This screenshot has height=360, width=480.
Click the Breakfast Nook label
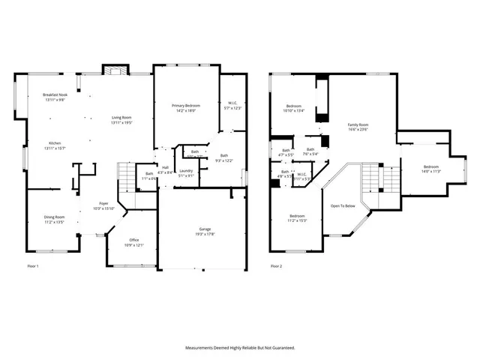tap(55, 95)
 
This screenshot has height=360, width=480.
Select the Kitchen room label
tap(55, 142)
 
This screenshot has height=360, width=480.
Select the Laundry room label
tap(186, 171)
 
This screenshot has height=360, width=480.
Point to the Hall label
tap(165, 168)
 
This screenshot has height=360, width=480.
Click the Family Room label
tap(358, 124)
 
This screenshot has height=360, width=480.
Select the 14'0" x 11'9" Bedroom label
tap(430, 166)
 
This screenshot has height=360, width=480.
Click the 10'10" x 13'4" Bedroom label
tap(293, 106)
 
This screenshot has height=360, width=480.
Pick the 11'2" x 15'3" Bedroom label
tap(298, 216)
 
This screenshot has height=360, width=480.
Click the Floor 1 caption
tap(33, 266)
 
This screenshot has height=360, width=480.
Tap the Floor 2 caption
tap(276, 266)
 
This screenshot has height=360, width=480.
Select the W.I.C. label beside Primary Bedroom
tap(232, 104)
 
